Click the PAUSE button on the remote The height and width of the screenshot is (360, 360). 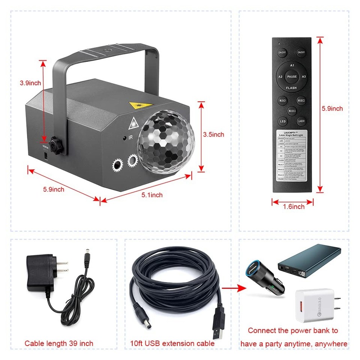tap(292, 76)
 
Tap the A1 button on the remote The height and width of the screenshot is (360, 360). tap(292, 65)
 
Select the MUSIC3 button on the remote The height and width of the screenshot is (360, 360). tap(292, 111)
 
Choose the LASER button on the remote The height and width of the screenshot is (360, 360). tap(301, 121)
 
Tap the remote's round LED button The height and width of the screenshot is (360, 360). tap(283, 121)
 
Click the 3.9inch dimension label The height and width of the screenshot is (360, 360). tap(30, 83)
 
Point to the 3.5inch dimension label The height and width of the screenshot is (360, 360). tap(213, 134)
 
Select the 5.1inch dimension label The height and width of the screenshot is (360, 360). tap(152, 195)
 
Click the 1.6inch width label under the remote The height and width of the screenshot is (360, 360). tap(293, 206)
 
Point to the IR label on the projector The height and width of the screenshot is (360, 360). tap(131, 138)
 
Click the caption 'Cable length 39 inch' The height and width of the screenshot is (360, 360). tap(59, 343)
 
